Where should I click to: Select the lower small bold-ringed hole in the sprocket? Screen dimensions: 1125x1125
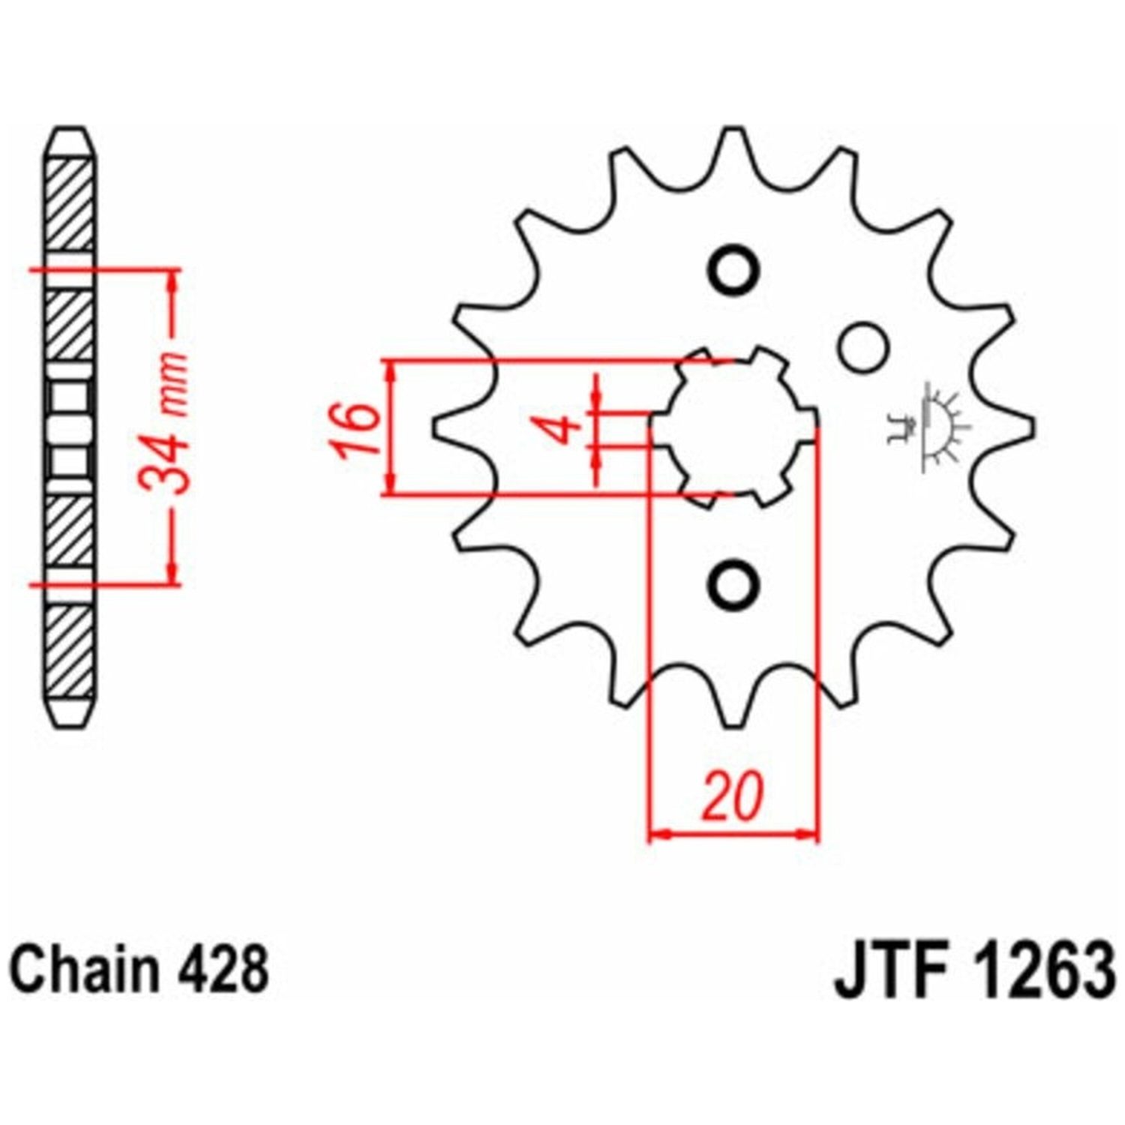tap(733, 583)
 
